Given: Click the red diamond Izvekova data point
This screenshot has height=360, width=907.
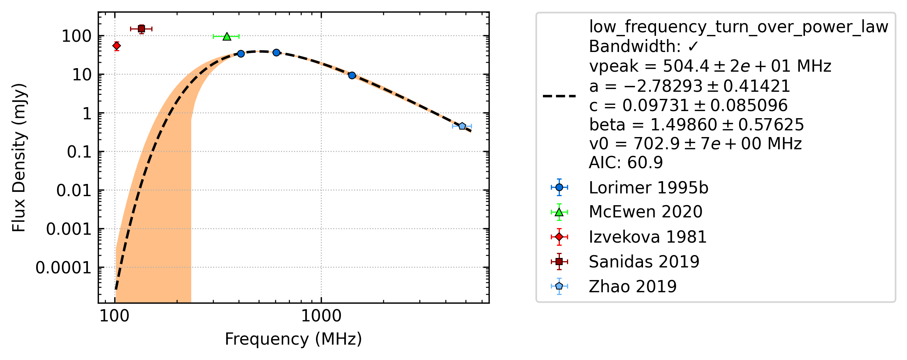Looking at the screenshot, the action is (117, 46).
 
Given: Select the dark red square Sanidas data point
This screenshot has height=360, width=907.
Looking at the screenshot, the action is (141, 29).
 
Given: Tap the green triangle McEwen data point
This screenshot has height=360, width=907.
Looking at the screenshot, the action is (227, 36).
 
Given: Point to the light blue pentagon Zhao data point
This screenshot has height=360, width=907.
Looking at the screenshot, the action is (462, 126).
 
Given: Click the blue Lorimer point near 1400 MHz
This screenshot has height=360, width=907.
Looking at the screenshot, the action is (352, 75).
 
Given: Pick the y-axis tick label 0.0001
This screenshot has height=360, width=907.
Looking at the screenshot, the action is (63, 268).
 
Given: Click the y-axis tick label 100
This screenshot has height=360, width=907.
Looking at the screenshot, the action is (77, 37).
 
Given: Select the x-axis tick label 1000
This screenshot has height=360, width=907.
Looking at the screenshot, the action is (321, 316).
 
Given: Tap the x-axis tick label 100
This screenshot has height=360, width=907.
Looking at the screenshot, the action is (114, 316).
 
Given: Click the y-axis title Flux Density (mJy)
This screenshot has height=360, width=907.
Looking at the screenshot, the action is (19, 158).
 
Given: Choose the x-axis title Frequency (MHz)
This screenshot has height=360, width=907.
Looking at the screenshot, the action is (293, 339).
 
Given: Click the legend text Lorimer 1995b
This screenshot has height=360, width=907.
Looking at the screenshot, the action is (649, 188).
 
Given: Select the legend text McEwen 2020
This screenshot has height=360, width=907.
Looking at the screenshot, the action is (646, 212).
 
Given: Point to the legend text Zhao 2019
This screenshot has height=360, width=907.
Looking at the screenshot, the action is (633, 286).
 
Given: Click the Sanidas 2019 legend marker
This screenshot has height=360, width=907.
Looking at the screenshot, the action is (559, 262).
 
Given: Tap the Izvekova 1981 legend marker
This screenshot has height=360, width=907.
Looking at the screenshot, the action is (559, 237).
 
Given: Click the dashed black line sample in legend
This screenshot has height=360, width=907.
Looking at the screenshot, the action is (559, 96).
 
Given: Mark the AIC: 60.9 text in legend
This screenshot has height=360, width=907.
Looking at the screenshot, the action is (626, 162).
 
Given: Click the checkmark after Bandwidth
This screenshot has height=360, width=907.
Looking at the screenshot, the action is (693, 47).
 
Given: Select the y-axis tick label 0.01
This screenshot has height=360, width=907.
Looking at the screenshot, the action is (74, 191).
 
